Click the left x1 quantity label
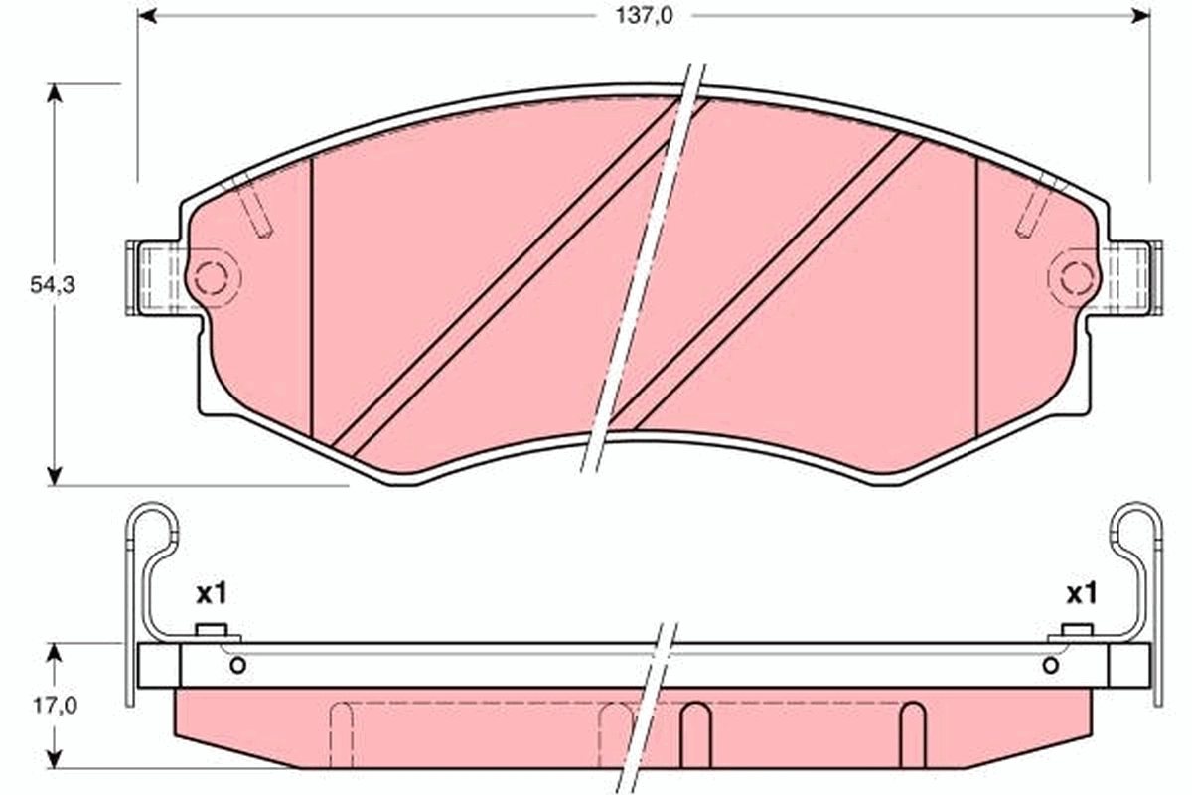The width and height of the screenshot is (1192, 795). point(212,594)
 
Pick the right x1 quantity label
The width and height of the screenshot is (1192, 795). point(1081,594)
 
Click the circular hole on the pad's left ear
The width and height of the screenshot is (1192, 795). point(210,278)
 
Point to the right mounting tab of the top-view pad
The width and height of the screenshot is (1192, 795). point(1132,278)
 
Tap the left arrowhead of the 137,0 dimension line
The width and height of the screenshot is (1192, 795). point(147,16)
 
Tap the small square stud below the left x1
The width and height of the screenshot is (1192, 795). point(212,630)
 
